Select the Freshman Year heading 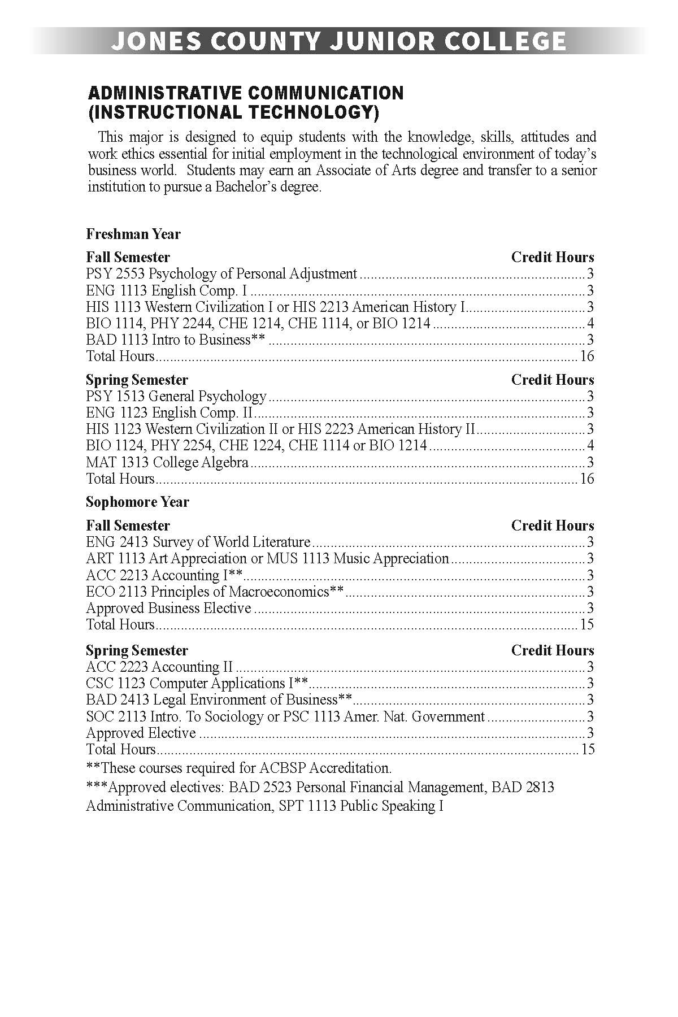pyautogui.click(x=133, y=234)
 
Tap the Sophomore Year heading pyautogui.click(x=137, y=502)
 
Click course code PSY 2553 pyautogui.click(x=116, y=274)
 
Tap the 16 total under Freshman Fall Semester pyautogui.click(x=587, y=356)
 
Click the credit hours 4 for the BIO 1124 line pyautogui.click(x=590, y=446)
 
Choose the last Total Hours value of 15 pyautogui.click(x=587, y=749)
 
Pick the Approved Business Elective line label pyautogui.click(x=168, y=608)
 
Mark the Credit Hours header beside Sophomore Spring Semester pyautogui.click(x=553, y=650)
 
